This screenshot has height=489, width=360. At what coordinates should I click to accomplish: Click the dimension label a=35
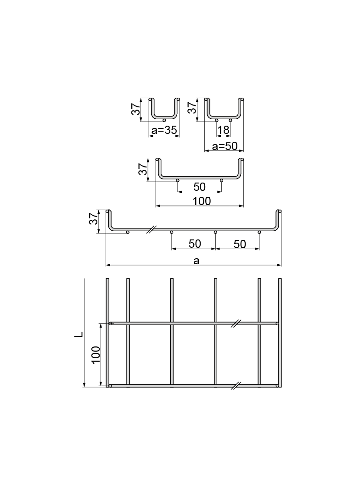coord(164,130)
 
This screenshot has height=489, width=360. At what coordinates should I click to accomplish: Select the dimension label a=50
coord(225,146)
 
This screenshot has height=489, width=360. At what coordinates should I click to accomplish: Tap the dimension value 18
coord(223,130)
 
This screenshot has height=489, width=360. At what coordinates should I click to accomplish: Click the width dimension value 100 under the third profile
coord(202,201)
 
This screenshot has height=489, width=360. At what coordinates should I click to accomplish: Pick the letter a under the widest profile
coord(196,261)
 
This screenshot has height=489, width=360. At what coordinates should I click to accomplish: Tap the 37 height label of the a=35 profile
coord(135,109)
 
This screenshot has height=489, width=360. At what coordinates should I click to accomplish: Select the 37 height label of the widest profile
coord(93,219)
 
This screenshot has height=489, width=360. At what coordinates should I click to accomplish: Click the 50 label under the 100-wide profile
coord(199,187)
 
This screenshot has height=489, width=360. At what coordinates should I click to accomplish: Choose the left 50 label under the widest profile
coord(195,244)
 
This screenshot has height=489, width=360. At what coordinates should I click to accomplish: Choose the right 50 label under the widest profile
coord(240,244)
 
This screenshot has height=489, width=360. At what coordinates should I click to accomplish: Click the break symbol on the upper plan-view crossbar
coord(237,323)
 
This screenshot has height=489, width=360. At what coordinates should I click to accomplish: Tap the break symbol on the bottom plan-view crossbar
coord(237,386)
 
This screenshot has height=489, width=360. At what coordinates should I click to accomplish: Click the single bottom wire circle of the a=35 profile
coord(164,120)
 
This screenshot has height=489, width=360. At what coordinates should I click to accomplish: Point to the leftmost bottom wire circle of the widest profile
coord(128,232)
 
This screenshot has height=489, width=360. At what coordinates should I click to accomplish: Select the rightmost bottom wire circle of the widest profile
coord(259,232)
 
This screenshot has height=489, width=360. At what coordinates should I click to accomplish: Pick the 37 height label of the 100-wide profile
coord(143,169)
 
